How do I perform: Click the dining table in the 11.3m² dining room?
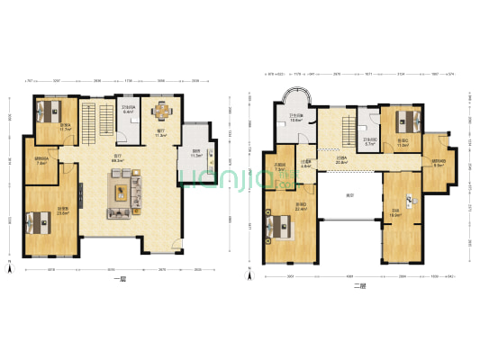(x=162, y=112)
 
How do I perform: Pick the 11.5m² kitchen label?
(x=195, y=153)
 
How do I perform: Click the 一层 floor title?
(x=119, y=280)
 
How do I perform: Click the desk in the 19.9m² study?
(x=409, y=200)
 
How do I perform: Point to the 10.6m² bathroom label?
(x=295, y=118)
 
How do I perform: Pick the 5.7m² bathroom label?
(x=369, y=141)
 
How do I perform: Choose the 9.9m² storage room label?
(x=439, y=164)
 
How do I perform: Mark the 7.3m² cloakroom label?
(x=280, y=166)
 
